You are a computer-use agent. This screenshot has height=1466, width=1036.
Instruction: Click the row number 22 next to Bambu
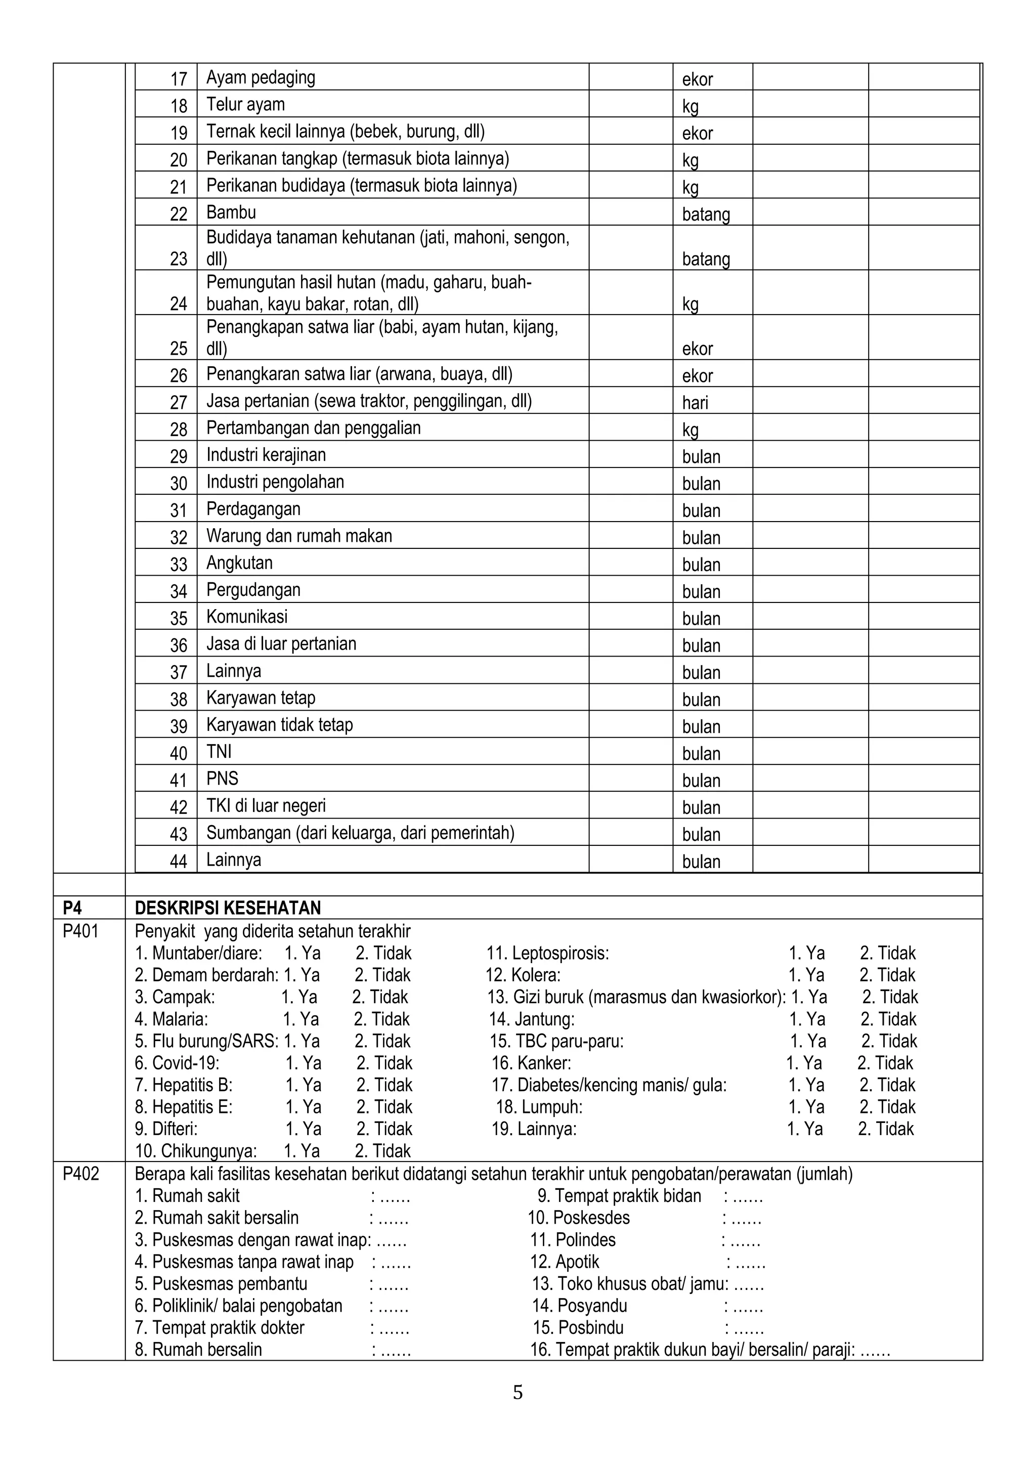tap(178, 214)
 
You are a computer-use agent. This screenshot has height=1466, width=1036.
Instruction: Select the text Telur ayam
tap(245, 104)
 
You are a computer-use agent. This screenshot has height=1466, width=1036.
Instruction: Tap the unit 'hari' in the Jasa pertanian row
tap(695, 402)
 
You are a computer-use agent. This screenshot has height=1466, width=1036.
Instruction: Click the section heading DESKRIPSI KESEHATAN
tap(227, 908)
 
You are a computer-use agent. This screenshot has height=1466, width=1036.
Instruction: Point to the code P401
tap(80, 931)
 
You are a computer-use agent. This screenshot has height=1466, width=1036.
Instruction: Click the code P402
tap(80, 1174)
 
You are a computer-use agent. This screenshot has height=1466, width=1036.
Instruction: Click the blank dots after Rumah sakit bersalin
tap(393, 1218)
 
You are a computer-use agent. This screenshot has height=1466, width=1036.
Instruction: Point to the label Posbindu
tap(578, 1327)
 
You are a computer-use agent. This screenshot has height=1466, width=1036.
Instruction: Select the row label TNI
tap(219, 752)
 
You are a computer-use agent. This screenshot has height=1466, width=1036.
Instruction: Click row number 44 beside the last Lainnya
tap(178, 861)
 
